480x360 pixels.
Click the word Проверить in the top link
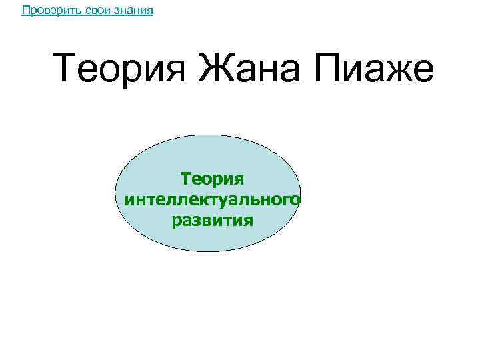(45, 11)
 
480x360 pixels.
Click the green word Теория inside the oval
(213, 179)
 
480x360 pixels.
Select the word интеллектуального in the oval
(213, 199)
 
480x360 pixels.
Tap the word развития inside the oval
(213, 220)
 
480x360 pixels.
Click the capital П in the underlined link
(25, 11)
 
